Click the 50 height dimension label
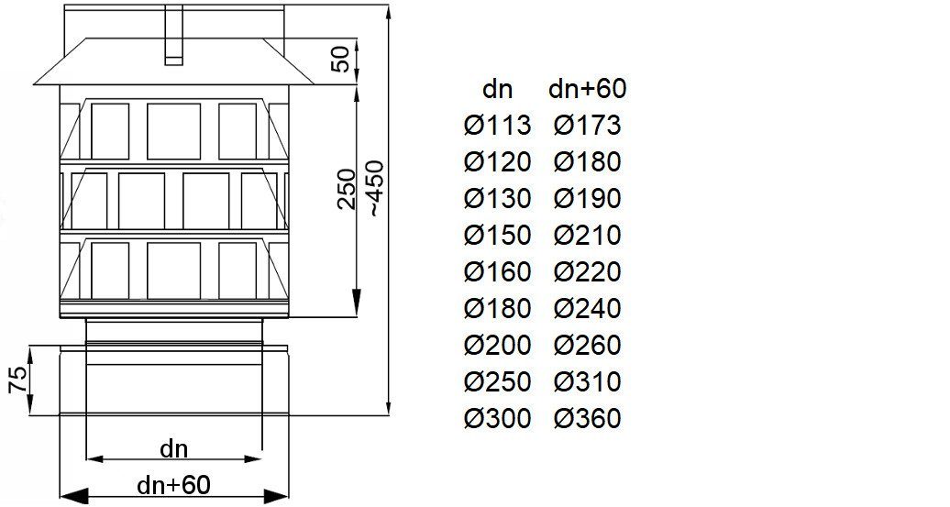(343, 59)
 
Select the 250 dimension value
(346, 189)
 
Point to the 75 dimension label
(18, 380)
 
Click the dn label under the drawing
(174, 449)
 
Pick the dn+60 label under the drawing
(174, 485)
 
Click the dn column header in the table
(497, 90)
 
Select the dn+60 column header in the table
(587, 89)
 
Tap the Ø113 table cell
(497, 126)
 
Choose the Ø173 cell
(587, 126)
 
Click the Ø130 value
(497, 199)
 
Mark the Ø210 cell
(587, 235)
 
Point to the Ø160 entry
(497, 271)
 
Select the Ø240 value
(587, 308)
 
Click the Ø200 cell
(497, 345)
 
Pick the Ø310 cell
(587, 381)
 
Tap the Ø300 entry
(497, 418)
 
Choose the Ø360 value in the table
(587, 418)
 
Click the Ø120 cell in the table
(497, 161)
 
